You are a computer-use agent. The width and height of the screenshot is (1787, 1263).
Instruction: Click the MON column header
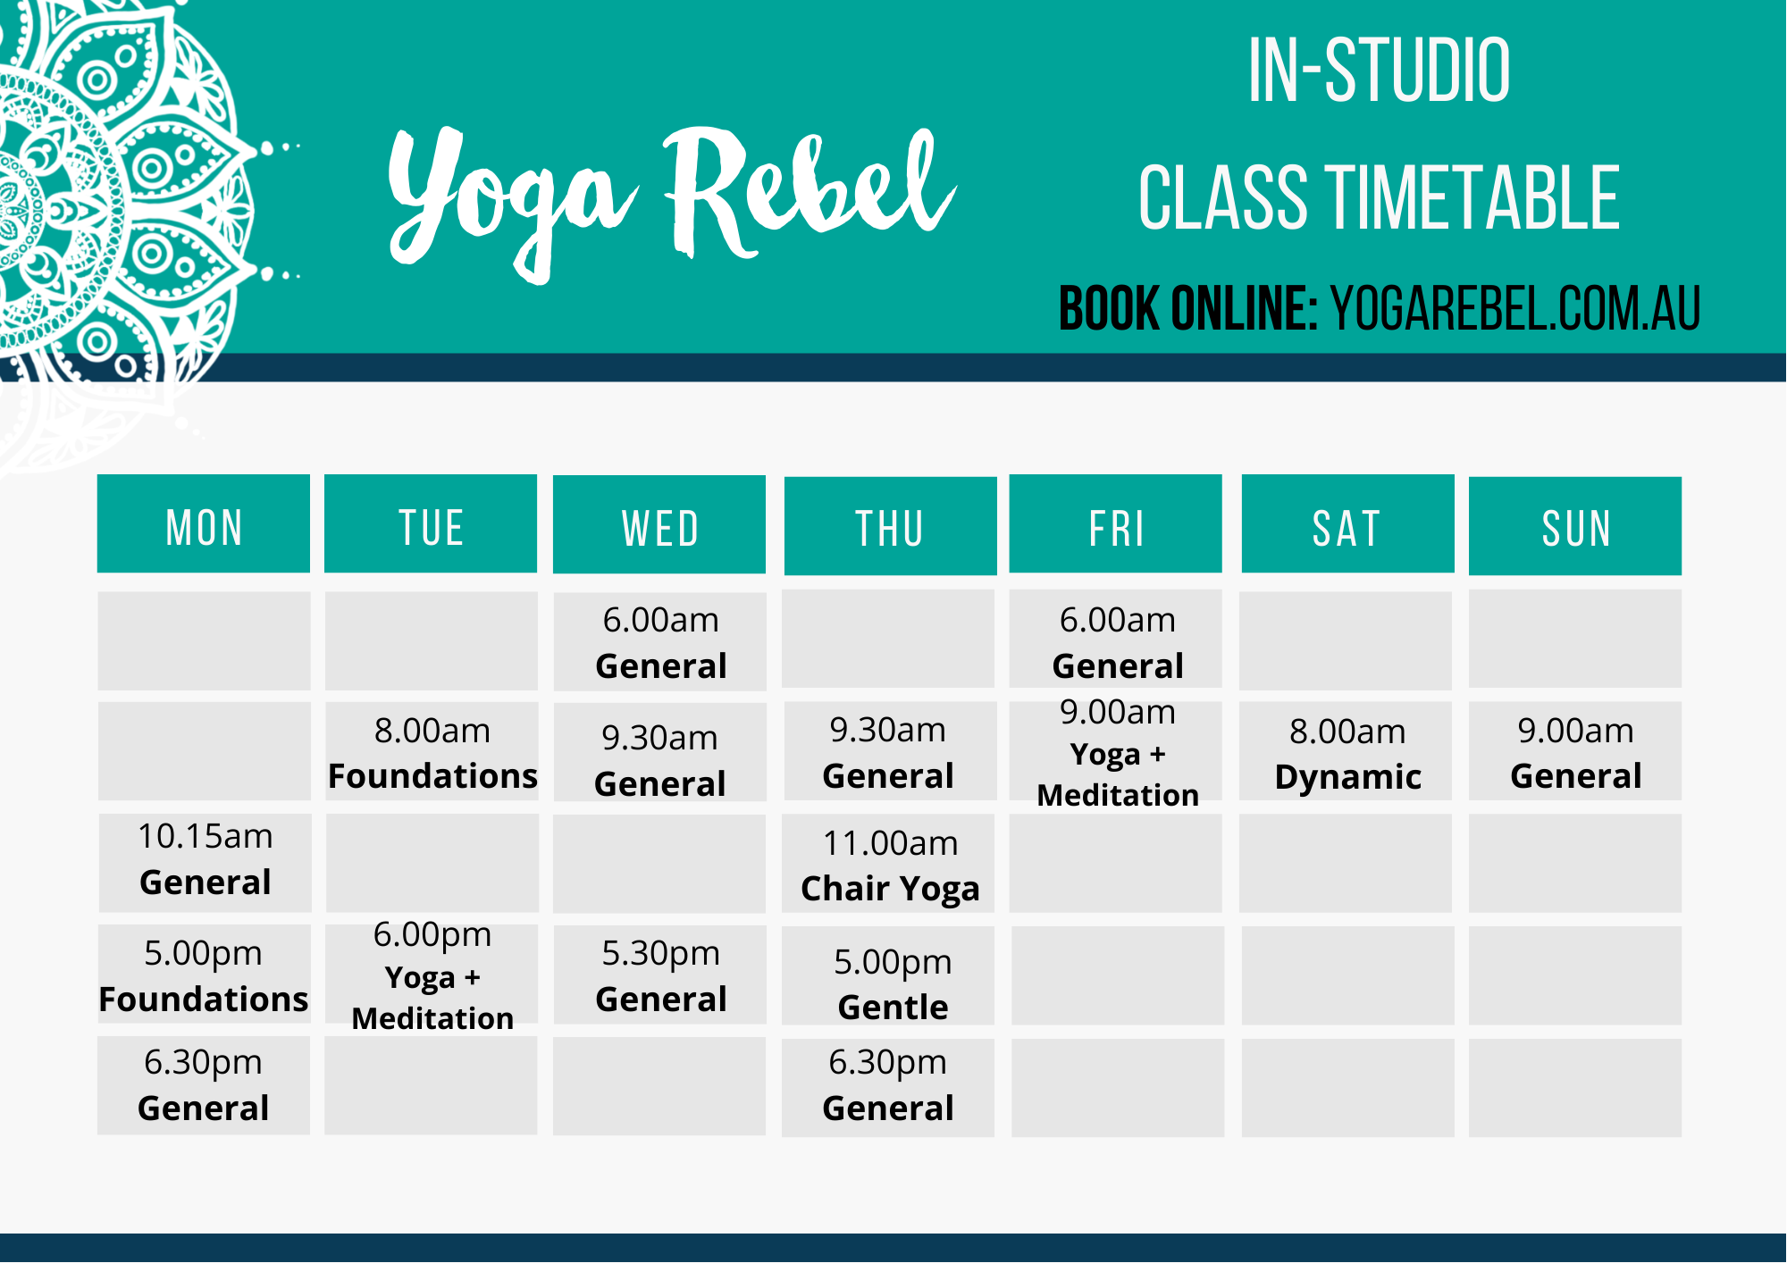pos(204,524)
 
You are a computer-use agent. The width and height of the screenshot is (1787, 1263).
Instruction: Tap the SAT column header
pos(1347,524)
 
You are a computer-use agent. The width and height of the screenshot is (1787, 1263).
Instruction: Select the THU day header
pos(890,526)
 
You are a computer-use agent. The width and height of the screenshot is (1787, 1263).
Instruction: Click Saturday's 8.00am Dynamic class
pos(1347,753)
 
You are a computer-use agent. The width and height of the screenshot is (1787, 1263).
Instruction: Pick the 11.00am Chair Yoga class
pos(890,865)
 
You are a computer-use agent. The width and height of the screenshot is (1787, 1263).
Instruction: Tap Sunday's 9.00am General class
pos(1575,752)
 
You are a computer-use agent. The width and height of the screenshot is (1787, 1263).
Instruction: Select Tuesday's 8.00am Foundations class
pos(432,752)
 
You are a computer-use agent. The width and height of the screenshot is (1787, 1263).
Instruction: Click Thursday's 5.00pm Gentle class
pos(892,983)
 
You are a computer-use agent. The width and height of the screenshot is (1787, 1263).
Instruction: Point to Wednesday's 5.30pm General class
pos(660,975)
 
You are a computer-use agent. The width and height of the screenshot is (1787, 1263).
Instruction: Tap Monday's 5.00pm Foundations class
pos(204,975)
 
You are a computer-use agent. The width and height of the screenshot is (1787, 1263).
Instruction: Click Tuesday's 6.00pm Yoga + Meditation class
pos(432,975)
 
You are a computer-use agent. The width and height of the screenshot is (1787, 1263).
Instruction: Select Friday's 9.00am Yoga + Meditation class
pos(1117,752)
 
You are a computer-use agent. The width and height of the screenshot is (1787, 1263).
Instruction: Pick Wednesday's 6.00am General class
pos(660,642)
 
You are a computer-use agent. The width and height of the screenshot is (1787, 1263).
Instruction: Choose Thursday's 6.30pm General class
pos(888,1085)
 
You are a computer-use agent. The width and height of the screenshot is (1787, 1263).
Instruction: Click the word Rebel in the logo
pos(809,192)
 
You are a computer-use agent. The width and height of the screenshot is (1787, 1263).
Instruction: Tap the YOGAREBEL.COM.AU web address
pos(1515,309)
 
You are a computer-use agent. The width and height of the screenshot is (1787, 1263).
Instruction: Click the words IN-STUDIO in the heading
pos(1379,71)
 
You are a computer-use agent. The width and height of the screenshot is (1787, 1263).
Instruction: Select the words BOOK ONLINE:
pos(1188,309)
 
